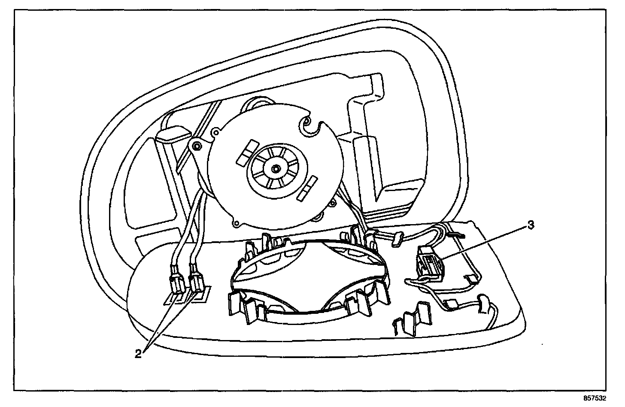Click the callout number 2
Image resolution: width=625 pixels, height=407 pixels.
[x=138, y=353]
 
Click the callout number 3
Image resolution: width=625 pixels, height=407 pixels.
[x=531, y=225]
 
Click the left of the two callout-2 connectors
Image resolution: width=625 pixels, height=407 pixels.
[x=176, y=284]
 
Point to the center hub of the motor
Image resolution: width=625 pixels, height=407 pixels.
[x=274, y=167]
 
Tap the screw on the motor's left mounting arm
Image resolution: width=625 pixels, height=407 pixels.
[x=197, y=147]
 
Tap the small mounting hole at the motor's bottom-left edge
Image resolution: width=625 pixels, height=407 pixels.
[x=235, y=224]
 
